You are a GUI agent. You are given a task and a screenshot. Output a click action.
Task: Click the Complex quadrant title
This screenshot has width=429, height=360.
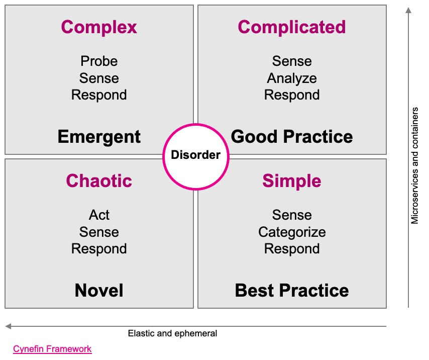[99, 27]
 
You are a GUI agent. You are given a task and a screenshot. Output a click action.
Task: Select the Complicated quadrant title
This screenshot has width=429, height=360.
[292, 27]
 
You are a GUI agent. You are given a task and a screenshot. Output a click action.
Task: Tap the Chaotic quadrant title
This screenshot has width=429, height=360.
[99, 181]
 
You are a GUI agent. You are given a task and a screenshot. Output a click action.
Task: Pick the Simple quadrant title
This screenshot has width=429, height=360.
[292, 181]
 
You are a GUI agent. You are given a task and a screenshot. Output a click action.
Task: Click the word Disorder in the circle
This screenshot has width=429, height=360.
[195, 155]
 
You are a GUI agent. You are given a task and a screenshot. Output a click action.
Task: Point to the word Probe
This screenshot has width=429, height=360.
[99, 61]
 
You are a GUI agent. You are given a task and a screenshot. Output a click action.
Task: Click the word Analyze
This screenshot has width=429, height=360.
[292, 78]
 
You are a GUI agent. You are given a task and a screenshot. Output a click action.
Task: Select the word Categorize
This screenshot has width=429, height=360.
[292, 232]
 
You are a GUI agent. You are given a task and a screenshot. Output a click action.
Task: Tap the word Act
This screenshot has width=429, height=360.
[99, 215]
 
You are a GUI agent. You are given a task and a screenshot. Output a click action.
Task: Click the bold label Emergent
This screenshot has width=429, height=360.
[99, 137]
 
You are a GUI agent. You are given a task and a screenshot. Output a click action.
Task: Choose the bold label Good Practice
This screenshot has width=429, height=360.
[292, 136]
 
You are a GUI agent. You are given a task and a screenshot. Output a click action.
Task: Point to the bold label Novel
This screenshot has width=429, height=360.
[99, 290]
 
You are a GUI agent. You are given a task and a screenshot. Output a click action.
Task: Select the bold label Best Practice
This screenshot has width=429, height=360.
[292, 290]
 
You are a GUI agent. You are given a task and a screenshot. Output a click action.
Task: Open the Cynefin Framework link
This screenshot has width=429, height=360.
[52, 349]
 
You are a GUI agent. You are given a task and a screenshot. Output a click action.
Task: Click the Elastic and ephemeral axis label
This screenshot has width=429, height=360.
[172, 333]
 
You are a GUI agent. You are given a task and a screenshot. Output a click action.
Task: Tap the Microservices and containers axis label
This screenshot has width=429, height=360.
[415, 165]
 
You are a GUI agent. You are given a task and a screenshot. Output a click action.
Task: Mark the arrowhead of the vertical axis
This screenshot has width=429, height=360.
[408, 10]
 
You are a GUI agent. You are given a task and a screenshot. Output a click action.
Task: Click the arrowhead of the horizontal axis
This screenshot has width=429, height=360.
[8, 326]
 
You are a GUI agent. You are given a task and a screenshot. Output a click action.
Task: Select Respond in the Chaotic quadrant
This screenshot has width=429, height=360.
[99, 249]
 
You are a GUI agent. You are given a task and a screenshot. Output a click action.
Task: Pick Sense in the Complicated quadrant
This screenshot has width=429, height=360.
[292, 61]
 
